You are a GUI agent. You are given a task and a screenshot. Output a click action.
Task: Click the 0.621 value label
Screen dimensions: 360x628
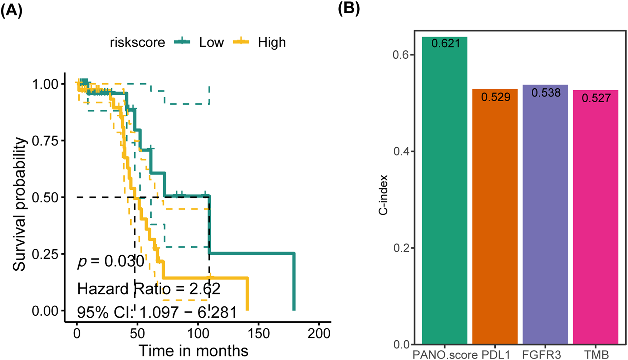(446, 43)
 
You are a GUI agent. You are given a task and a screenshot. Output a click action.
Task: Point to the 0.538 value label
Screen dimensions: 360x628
(546, 93)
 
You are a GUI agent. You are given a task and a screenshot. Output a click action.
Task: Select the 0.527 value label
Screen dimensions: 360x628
(596, 98)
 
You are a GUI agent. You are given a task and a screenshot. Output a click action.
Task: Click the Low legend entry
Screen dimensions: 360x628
(211, 42)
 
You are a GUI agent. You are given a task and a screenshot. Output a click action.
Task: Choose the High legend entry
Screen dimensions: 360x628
(272, 42)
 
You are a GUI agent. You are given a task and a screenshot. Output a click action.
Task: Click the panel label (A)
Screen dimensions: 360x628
(11, 11)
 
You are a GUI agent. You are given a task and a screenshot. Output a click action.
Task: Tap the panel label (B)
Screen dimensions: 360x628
(349, 8)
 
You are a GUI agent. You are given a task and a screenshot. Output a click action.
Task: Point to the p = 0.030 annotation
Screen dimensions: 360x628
(111, 261)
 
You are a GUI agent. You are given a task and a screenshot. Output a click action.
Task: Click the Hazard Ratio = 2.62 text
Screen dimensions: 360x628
(149, 289)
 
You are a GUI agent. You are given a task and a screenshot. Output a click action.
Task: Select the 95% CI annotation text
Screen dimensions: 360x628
(157, 312)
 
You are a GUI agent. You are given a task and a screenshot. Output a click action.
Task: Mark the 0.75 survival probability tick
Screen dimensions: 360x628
(45, 141)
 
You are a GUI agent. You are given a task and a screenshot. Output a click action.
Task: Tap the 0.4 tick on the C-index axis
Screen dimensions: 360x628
(401, 151)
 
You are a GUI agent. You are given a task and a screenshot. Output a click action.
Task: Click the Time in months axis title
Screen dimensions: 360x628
(193, 351)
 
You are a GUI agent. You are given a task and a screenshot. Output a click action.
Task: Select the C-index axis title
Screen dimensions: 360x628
(383, 195)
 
